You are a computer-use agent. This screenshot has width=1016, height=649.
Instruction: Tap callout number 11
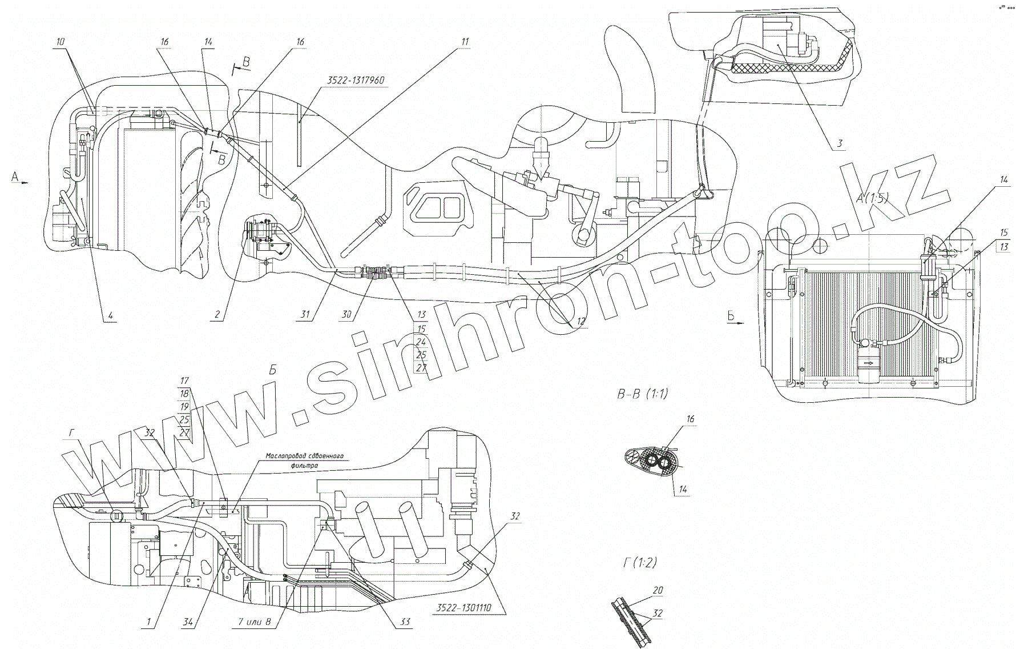tap(465, 42)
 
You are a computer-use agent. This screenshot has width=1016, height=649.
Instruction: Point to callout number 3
tap(839, 143)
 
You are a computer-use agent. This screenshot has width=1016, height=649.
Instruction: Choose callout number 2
tap(217, 315)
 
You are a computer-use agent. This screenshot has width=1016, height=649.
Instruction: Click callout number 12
tap(580, 322)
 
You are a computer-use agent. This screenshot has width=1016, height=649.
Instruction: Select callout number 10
tap(61, 42)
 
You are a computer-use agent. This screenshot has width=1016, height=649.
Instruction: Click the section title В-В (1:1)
tap(642, 394)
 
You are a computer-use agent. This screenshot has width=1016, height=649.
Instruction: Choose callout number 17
tap(184, 380)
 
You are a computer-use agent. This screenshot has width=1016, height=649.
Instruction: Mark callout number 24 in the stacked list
tap(421, 342)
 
